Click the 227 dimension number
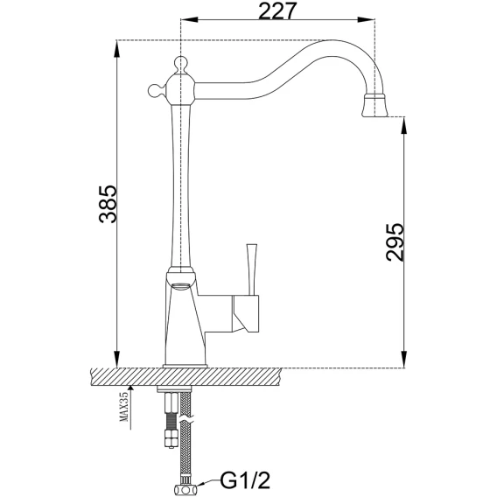click(x=277, y=11)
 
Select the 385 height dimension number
click(x=108, y=204)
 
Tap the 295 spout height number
click(x=395, y=242)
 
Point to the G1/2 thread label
click(x=245, y=480)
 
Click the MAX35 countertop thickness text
click(x=124, y=406)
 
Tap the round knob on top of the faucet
click(x=180, y=63)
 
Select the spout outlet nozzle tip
click(x=375, y=106)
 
